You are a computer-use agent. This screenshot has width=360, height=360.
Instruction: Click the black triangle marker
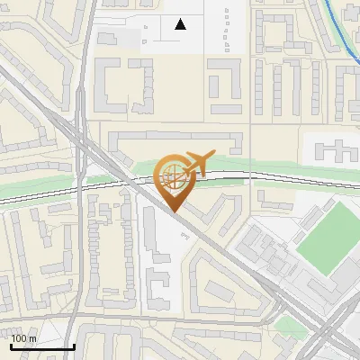pos(181,24)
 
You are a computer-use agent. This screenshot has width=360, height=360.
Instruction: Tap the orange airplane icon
pos(196,163)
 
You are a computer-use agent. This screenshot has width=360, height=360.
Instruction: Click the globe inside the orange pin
pos(170,175)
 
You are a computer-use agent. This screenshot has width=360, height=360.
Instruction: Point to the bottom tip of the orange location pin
pos(171,211)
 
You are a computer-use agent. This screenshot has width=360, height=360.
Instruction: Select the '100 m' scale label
pos(24,338)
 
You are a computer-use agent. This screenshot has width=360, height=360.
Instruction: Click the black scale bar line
pos(42,346)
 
